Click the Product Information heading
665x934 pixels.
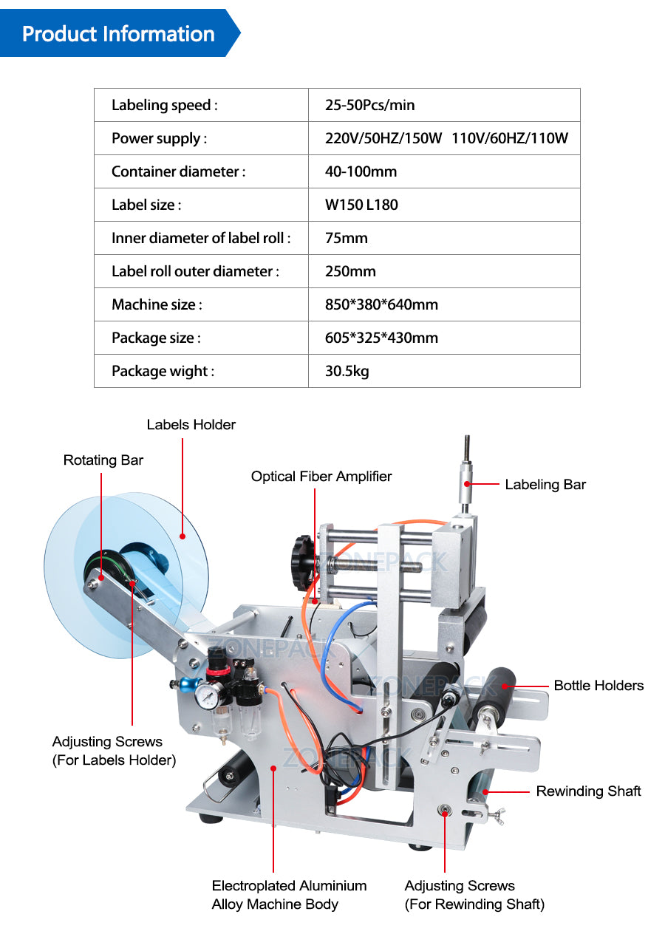click(x=118, y=34)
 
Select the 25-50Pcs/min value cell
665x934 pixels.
click(x=369, y=105)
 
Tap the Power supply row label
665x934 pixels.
click(x=159, y=138)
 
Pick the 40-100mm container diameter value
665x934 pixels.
click(x=361, y=171)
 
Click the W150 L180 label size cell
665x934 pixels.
click(x=361, y=205)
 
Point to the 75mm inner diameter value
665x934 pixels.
click(x=346, y=238)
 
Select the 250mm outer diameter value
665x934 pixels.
click(x=350, y=271)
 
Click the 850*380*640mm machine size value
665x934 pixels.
click(x=381, y=304)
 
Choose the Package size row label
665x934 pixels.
click(x=156, y=338)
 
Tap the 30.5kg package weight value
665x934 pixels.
click(x=347, y=371)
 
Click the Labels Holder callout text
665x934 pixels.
click(x=191, y=424)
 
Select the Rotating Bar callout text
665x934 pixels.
click(x=103, y=460)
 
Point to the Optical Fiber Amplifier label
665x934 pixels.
click(x=321, y=477)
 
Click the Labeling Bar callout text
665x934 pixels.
click(x=545, y=485)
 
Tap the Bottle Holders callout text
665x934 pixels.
click(x=598, y=686)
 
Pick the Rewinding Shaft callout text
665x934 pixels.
click(x=588, y=791)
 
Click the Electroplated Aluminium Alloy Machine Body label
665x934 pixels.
click(x=289, y=895)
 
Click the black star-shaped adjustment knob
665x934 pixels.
click(x=304, y=562)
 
